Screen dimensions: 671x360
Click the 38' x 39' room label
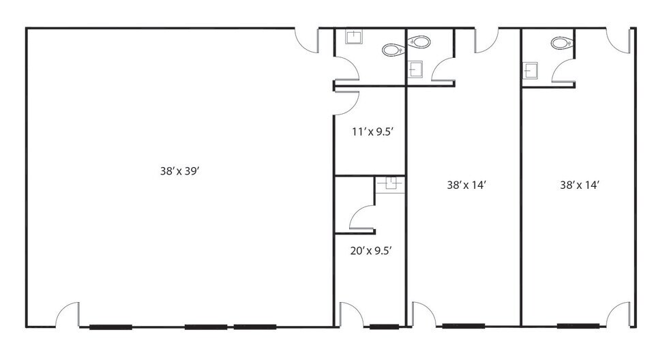180,171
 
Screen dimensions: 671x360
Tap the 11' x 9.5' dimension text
372,132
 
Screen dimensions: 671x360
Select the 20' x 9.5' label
372,251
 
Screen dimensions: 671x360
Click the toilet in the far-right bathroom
561,43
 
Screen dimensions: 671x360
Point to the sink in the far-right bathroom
531,70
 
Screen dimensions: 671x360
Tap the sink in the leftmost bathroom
354,37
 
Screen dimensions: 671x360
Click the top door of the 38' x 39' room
307,41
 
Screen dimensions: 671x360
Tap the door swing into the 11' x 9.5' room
346,103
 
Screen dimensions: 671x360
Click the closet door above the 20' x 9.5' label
363,217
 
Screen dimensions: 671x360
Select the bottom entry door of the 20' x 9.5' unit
351,314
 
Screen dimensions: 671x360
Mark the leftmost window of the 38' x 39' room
111,327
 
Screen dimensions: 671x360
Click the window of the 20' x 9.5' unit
385,327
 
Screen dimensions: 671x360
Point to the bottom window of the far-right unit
578,326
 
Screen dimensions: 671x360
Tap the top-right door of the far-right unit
618,41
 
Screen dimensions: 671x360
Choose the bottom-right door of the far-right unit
618,314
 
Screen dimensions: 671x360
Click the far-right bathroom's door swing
563,70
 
